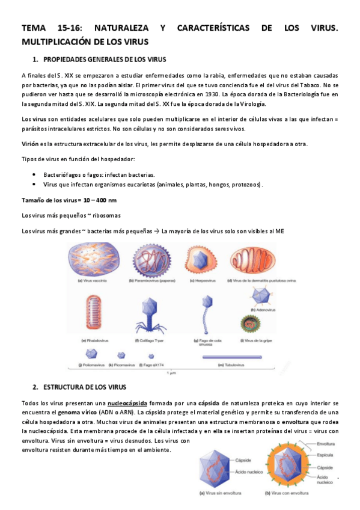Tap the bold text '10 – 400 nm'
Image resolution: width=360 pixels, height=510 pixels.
(x=97, y=200)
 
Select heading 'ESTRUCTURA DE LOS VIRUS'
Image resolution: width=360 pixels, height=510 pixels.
(x=84, y=387)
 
